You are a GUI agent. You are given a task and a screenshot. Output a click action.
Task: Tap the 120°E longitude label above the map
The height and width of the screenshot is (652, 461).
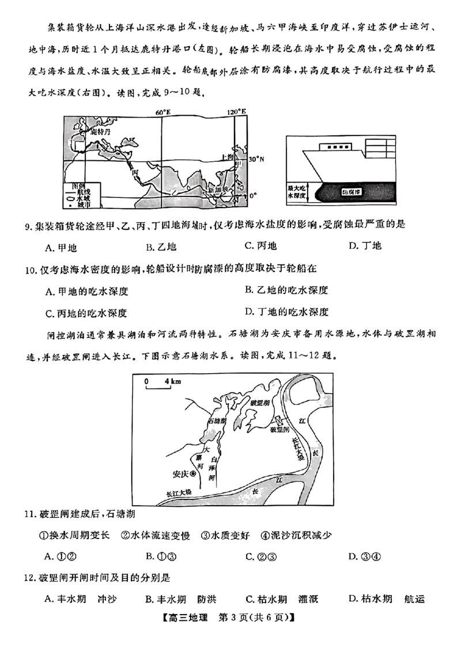(236, 111)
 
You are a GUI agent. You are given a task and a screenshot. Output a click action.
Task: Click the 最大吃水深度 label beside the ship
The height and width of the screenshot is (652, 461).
(298, 192)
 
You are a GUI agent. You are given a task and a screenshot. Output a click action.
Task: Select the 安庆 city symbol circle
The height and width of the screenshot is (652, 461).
(193, 473)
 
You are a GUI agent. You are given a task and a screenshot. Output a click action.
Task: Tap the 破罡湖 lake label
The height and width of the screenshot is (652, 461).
(260, 403)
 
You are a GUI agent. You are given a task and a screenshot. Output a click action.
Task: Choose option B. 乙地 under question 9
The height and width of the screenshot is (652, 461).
(161, 247)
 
